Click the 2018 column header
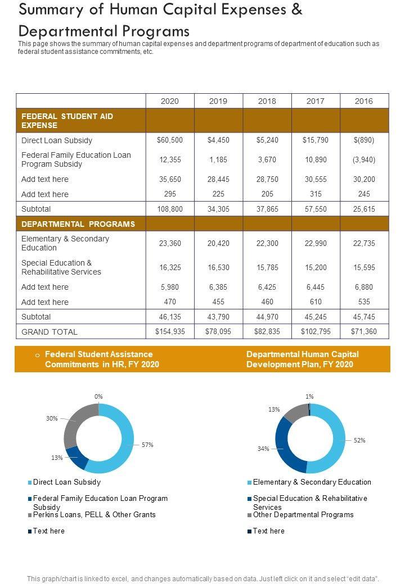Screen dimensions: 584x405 [267, 101]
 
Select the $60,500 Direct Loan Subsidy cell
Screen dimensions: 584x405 [170, 140]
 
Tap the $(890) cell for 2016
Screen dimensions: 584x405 [364, 140]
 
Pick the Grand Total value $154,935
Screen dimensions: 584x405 [170, 331]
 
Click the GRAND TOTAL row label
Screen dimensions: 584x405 [49, 332]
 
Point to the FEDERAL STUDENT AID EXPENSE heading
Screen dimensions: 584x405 [67, 121]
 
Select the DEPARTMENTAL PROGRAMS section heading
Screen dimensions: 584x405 [78, 224]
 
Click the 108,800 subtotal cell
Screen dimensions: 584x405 [170, 209]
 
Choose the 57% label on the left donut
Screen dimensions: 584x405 [147, 445]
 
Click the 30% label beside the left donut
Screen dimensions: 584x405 [52, 418]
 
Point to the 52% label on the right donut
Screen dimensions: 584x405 [359, 440]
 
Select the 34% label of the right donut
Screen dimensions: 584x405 [263, 449]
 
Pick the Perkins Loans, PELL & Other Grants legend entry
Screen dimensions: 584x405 [94, 514]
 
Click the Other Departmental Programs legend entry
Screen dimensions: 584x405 [303, 514]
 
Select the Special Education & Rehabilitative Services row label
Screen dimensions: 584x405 [61, 267]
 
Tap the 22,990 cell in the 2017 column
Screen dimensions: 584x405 [316, 243]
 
